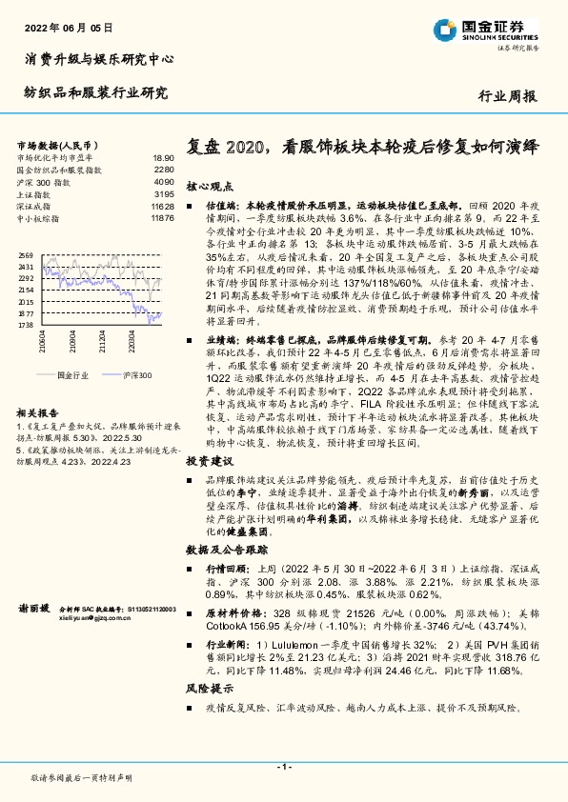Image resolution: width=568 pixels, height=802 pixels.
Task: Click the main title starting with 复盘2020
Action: coord(362,148)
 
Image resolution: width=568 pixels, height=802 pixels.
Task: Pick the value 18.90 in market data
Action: coord(163,157)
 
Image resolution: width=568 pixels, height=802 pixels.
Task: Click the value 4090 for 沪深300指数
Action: coord(163,181)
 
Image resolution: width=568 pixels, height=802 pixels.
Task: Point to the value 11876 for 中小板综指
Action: coord(162,218)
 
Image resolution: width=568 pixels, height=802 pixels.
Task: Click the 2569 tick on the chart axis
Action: coord(26,255)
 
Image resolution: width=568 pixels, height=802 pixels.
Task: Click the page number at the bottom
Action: coord(284,767)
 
